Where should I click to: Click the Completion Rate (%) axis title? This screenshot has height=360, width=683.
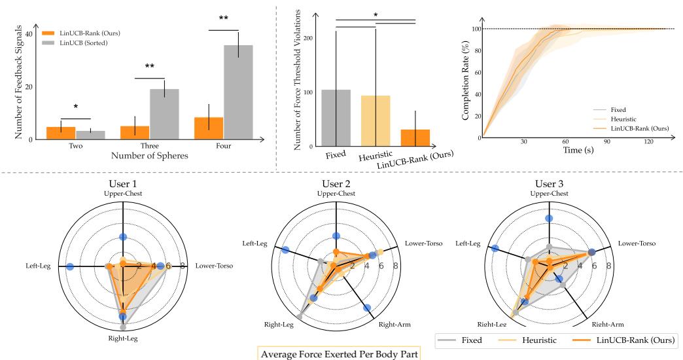466,83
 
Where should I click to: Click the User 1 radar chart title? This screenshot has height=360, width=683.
123,183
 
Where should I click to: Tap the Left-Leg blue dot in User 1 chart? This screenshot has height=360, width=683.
70,266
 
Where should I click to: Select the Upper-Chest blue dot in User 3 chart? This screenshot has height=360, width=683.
549,219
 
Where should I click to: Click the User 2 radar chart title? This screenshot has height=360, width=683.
336,183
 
